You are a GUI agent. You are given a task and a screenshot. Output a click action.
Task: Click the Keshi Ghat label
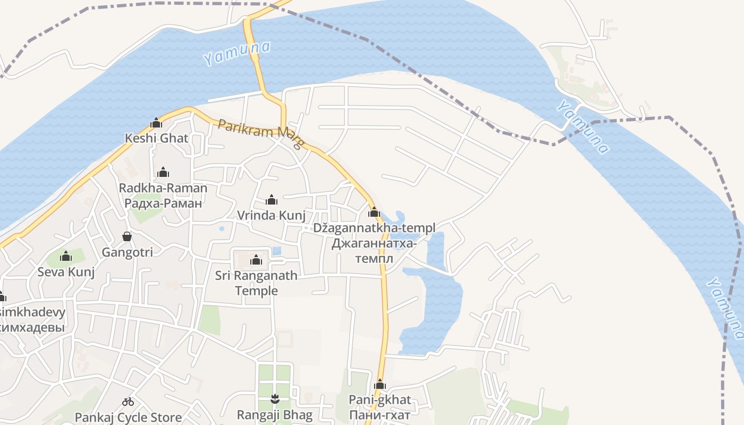click(156, 138)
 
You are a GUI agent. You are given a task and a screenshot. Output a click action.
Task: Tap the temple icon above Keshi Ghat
click(156, 123)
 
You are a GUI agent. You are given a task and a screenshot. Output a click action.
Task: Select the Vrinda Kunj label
click(271, 215)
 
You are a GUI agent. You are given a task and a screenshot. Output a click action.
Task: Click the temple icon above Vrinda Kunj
click(272, 200)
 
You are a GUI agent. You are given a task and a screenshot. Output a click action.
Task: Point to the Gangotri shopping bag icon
click(127, 236)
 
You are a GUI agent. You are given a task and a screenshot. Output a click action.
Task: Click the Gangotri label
click(127, 252)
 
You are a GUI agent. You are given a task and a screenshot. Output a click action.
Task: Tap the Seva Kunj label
click(66, 272)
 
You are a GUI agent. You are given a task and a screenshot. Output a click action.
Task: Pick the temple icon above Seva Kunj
click(66, 257)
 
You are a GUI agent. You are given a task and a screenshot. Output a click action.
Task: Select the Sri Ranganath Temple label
click(256, 283)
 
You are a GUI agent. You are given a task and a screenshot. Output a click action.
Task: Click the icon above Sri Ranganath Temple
click(256, 260)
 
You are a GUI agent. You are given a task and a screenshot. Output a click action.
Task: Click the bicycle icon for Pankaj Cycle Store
click(128, 402)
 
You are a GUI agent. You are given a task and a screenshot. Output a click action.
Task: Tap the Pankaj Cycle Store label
click(128, 418)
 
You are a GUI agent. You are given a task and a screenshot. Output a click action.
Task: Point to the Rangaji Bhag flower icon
click(275, 398)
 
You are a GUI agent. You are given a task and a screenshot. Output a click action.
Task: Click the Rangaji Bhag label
click(275, 415)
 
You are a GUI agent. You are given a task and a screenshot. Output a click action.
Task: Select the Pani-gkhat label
click(379, 400)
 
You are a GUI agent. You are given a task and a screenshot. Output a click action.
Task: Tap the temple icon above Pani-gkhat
click(380, 385)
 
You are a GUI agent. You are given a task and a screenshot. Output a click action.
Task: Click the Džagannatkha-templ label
click(374, 228)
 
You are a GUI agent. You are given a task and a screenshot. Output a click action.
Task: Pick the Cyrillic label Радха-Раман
click(163, 203)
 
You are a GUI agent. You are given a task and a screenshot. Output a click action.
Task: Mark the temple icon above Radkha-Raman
click(163, 173)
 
